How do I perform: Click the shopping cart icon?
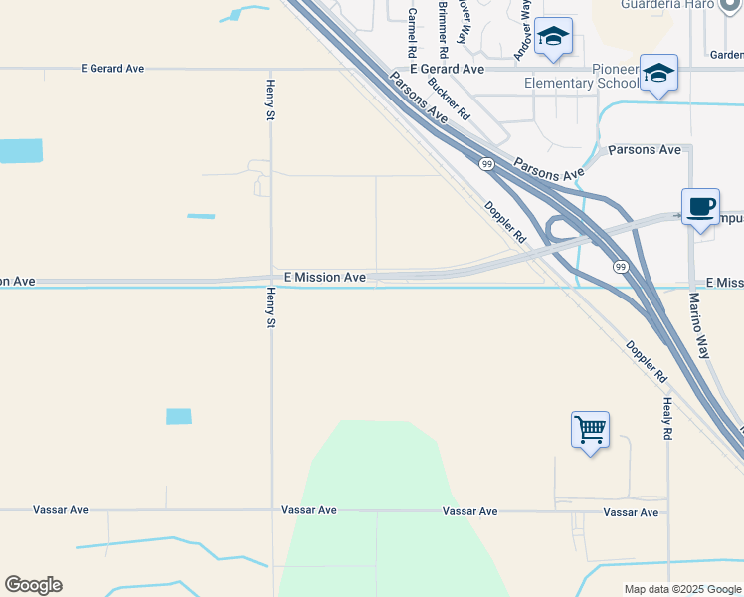(590, 430)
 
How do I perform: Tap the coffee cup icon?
(701, 206)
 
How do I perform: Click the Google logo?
(33, 585)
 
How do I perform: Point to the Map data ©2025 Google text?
(681, 589)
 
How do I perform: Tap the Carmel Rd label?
(411, 32)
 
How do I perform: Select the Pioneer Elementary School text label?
(582, 76)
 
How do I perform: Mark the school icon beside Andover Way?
(553, 37)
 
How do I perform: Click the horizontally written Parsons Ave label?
(645, 150)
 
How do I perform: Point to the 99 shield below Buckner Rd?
(486, 164)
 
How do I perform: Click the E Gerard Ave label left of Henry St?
(112, 69)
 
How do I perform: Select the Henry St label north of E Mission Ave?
(269, 100)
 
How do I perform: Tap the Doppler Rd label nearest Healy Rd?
(647, 363)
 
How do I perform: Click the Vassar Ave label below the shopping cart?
(631, 512)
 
